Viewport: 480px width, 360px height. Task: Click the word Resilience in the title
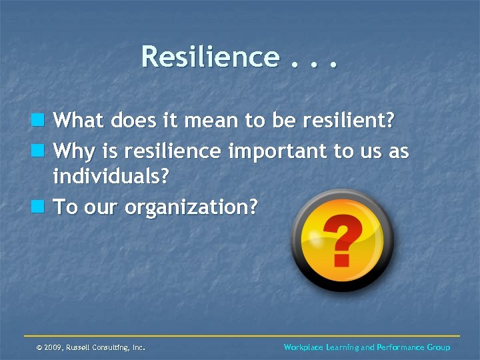pyautogui.click(x=209, y=57)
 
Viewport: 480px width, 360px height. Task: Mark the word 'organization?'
pyautogui.click(x=191, y=208)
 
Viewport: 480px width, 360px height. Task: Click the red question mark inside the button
pyautogui.click(x=341, y=241)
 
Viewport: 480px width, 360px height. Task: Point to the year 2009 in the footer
pyautogui.click(x=54, y=347)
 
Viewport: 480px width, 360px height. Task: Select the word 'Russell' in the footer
pyautogui.click(x=79, y=347)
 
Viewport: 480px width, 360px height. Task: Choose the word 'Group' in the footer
pyautogui.click(x=438, y=347)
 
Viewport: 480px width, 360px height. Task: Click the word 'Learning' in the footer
pyautogui.click(x=341, y=347)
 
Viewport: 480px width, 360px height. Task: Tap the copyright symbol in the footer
pyautogui.click(x=39, y=347)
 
